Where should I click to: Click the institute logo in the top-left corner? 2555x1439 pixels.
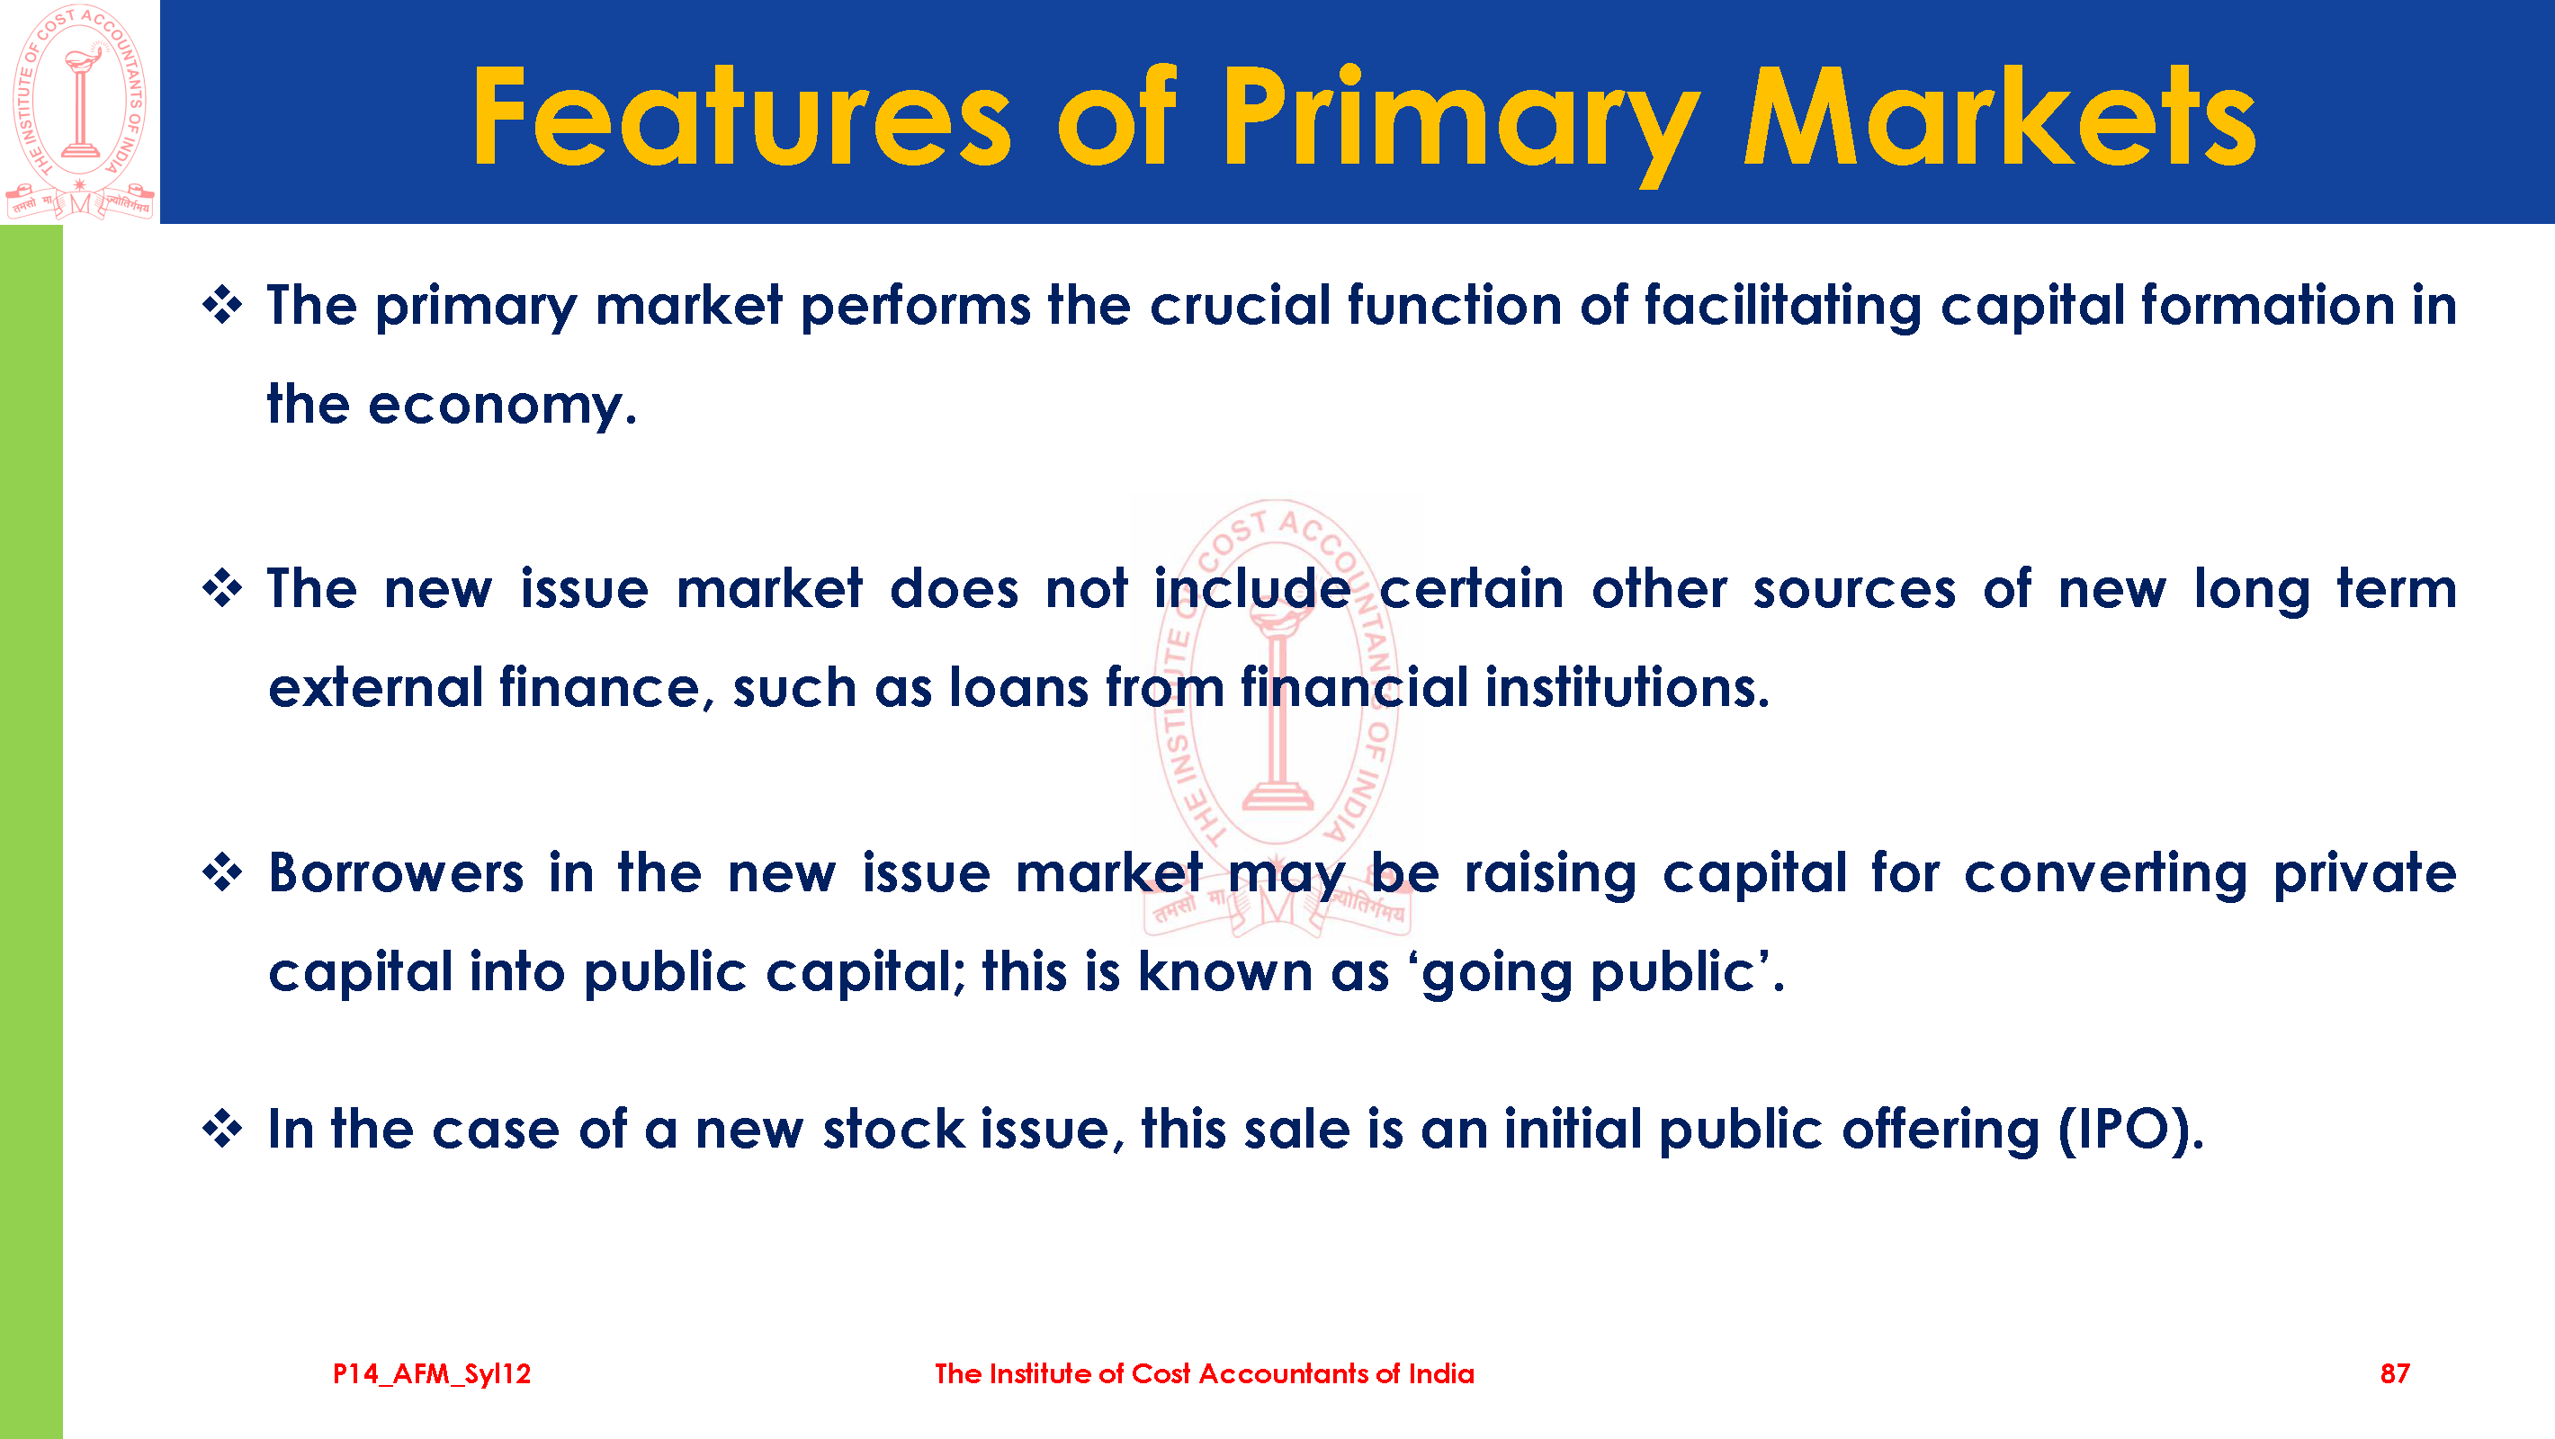(x=80, y=112)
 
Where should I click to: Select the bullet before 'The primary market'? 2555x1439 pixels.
(x=222, y=305)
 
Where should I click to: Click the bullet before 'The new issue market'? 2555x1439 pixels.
(x=222, y=589)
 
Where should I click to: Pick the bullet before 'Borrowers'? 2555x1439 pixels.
(x=222, y=872)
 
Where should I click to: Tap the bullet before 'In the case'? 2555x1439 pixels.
(x=222, y=1129)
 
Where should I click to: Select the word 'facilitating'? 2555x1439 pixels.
(x=1782, y=306)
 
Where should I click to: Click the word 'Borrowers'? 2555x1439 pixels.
(x=396, y=872)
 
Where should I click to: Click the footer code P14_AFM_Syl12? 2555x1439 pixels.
(x=432, y=1373)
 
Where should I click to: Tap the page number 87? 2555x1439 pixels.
(x=2394, y=1373)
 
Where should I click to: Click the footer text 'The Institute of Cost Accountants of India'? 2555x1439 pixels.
(x=1204, y=1373)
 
